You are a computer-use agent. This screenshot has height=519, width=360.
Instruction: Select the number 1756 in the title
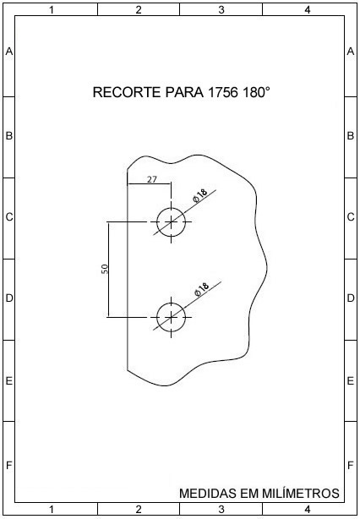(223, 92)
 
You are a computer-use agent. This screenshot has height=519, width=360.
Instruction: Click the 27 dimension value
(152, 179)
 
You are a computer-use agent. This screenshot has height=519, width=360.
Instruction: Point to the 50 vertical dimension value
(105, 269)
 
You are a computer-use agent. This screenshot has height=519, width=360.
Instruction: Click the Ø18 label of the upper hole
(199, 195)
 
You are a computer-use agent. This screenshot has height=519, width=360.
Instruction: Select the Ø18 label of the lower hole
(201, 289)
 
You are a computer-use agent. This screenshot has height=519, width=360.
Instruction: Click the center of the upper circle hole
(171, 222)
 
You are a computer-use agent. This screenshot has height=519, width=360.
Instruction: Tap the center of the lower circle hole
(171, 317)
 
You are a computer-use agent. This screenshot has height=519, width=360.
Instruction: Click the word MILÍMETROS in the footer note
(301, 493)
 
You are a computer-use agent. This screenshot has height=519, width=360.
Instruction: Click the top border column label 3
(221, 10)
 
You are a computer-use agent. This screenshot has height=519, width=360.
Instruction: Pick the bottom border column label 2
(139, 510)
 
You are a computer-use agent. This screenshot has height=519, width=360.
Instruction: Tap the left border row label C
(9, 217)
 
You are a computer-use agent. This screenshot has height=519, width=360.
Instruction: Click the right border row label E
(351, 381)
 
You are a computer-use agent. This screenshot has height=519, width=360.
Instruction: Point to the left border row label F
(9, 466)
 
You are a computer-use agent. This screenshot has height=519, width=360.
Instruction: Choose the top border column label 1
(52, 10)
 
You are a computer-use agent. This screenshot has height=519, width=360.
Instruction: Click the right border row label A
(351, 52)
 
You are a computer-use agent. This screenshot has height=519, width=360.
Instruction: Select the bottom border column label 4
(308, 510)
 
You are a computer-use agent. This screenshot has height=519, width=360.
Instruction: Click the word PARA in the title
(184, 92)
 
